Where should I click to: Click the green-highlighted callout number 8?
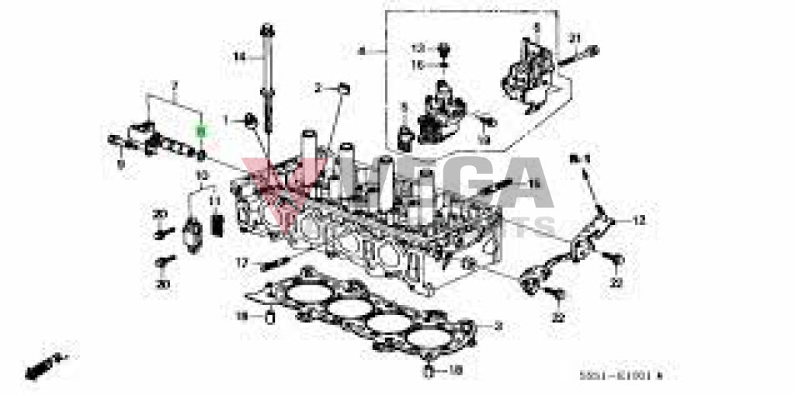pos(200,133)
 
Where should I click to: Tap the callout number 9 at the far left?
pos(120,164)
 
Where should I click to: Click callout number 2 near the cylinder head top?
pos(318,87)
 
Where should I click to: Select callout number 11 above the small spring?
pos(216,201)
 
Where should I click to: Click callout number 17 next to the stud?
pos(242,263)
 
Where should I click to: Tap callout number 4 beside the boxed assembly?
pos(361,52)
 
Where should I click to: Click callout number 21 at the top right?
pos(575,38)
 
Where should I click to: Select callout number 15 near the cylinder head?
pos(533,184)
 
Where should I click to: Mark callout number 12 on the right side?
pos(638,221)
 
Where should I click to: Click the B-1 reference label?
pos(579,158)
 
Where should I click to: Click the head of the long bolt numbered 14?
pos(267,31)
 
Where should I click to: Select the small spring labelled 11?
pos(217,224)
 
